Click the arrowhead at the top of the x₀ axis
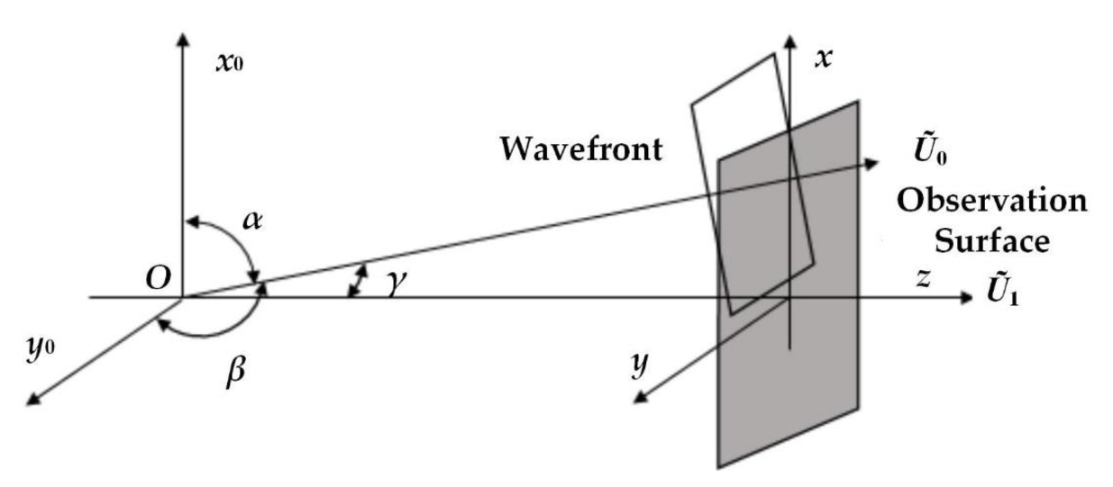click(x=184, y=40)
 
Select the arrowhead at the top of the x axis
click(x=789, y=41)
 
